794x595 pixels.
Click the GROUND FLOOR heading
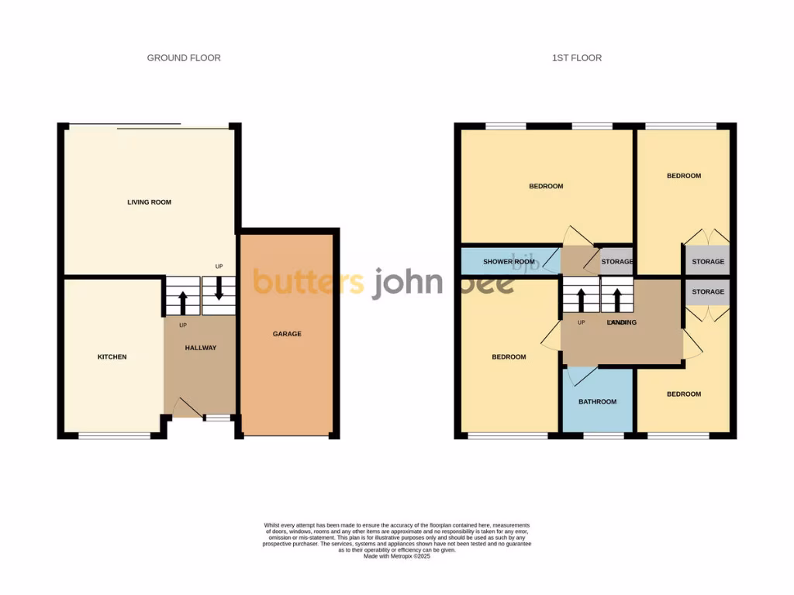click(184, 58)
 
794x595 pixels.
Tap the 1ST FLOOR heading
click(576, 58)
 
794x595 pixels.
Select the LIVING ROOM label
click(149, 202)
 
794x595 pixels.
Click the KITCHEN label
click(112, 357)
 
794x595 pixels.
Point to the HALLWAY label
click(200, 348)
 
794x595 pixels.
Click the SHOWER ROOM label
click(509, 262)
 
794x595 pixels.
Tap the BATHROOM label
click(598, 401)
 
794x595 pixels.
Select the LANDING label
click(622, 322)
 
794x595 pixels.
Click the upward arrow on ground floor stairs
click(183, 301)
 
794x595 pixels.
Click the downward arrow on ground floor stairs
click(219, 289)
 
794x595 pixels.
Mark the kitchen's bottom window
click(115, 435)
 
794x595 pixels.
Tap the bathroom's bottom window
click(603, 435)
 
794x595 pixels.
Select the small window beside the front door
click(217, 418)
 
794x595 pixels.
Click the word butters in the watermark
click(309, 282)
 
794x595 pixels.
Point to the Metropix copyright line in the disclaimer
click(397, 555)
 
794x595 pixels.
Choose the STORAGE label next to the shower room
click(618, 262)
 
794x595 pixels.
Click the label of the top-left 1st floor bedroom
click(546, 186)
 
